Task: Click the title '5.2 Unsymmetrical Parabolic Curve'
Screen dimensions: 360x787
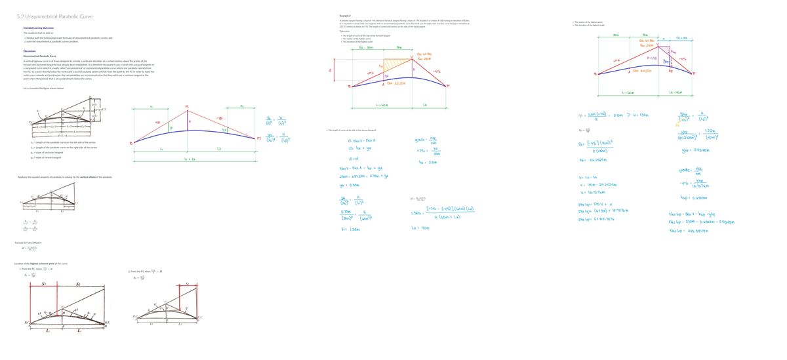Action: [54, 16]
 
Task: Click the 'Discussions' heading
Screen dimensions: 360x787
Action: [30, 50]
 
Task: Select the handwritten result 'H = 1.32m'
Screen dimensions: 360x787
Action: [350, 229]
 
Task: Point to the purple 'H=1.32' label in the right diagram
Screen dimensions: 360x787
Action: [652, 58]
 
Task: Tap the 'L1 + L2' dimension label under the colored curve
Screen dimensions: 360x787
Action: [190, 159]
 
